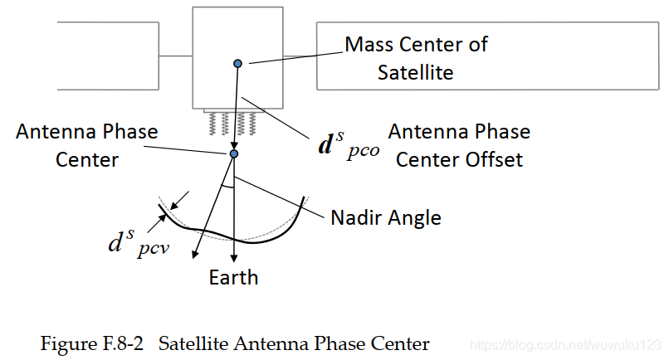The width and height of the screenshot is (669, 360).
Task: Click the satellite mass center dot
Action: (238, 63)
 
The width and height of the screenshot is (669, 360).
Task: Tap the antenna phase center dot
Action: (234, 153)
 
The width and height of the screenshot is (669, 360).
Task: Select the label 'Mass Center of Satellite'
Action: (416, 58)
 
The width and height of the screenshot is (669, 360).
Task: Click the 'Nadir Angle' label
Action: (385, 218)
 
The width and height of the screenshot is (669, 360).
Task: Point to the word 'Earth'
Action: (233, 277)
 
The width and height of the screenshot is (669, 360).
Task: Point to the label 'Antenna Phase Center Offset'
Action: (459, 145)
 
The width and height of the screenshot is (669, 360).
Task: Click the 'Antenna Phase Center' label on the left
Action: (86, 145)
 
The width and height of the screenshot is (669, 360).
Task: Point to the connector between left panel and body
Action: (175, 56)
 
